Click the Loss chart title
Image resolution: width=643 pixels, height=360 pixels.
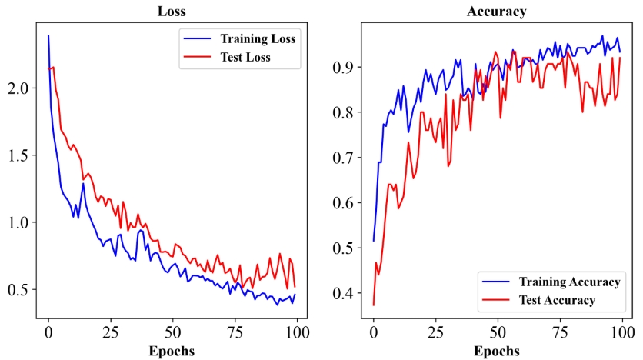pyautogui.click(x=171, y=12)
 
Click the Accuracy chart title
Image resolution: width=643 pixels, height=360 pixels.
pyautogui.click(x=497, y=12)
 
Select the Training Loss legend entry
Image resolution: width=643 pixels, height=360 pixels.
pyautogui.click(x=258, y=38)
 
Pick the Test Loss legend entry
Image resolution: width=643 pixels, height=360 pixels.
pyautogui.click(x=245, y=57)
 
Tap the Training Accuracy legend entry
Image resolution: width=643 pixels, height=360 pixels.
pyautogui.click(x=569, y=282)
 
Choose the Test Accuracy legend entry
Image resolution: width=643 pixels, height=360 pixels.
pyautogui.click(x=557, y=300)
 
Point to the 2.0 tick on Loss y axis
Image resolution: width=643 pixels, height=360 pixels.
pyautogui.click(x=18, y=88)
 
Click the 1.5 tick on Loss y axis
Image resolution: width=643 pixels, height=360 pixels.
pyautogui.click(x=18, y=155)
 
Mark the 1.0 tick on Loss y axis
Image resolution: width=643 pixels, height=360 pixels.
pyautogui.click(x=18, y=222)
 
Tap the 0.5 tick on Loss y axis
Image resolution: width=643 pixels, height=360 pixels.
pyautogui.click(x=18, y=289)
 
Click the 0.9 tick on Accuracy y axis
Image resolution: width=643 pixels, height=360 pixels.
pyautogui.click(x=345, y=67)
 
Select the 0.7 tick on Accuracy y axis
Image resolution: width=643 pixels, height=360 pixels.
pyautogui.click(x=345, y=158)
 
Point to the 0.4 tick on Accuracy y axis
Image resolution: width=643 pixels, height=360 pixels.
pyautogui.click(x=345, y=293)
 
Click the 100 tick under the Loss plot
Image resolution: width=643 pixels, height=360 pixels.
pyautogui.click(x=296, y=333)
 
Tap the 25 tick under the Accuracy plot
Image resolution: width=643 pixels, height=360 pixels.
pyautogui.click(x=435, y=333)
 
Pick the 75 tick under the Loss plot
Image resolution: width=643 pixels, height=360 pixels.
pyautogui.click(x=235, y=333)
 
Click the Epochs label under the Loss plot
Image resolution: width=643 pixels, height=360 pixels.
pyautogui.click(x=171, y=351)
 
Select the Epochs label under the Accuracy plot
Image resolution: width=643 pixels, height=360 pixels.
pyautogui.click(x=497, y=351)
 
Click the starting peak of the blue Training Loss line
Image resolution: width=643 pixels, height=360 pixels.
pyautogui.click(x=48, y=35)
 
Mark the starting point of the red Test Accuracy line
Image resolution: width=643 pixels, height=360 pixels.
pyautogui.click(x=373, y=305)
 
